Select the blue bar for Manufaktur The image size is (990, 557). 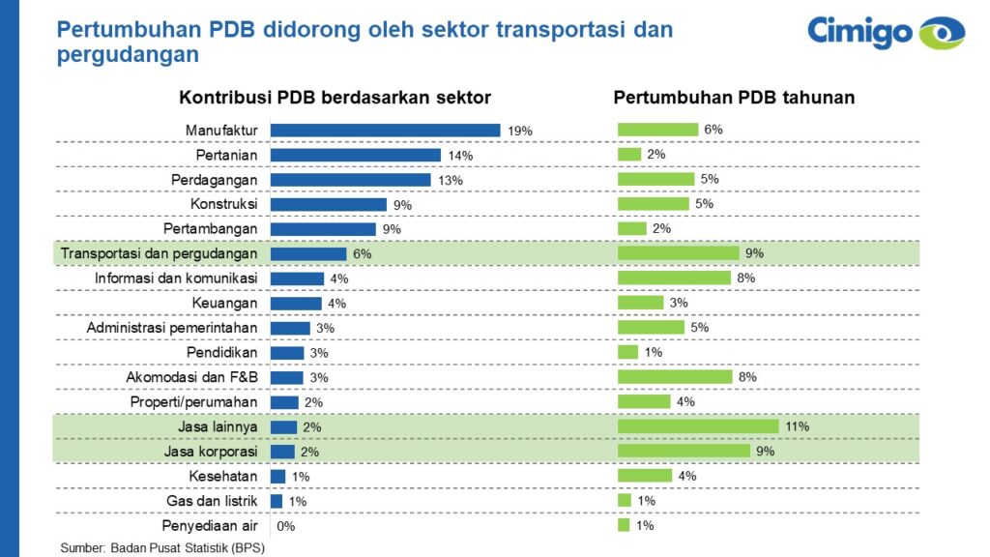(385, 131)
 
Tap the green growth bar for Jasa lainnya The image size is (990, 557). (698, 426)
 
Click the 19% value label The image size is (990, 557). (520, 131)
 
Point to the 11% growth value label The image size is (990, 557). (798, 426)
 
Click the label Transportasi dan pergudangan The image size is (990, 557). (160, 253)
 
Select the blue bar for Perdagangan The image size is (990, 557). (350, 180)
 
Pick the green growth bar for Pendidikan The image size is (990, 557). (628, 352)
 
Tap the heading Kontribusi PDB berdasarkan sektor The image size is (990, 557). (335, 98)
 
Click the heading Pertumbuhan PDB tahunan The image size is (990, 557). (734, 98)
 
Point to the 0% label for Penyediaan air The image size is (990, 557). (285, 526)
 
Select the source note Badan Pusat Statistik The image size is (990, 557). (162, 547)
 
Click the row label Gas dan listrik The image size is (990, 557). (214, 501)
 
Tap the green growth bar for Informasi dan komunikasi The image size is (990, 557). (674, 278)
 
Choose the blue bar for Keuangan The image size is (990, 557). (296, 304)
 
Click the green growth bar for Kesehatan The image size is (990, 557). (645, 476)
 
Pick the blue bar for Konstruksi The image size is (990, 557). (323, 205)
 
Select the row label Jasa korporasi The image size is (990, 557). (209, 452)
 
